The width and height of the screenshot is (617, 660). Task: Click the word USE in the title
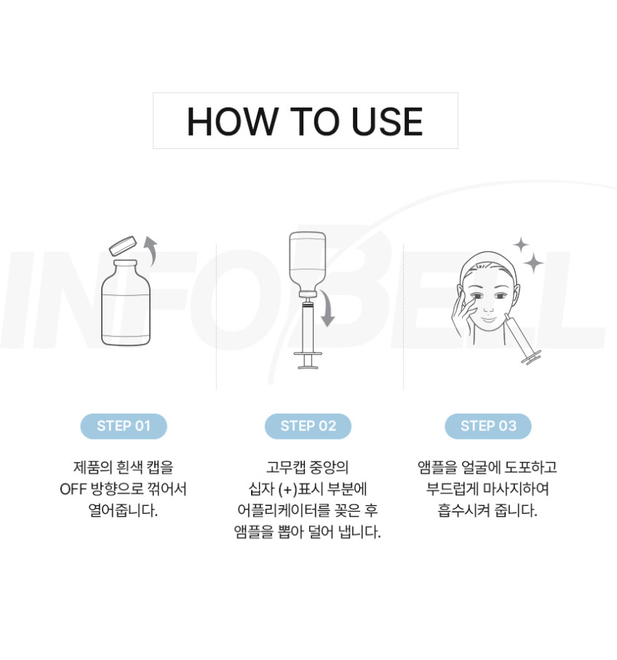[387, 121]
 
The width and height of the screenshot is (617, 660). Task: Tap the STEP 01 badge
[124, 426]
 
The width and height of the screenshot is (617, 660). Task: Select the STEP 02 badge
[308, 426]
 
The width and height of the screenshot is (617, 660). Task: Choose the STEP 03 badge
[488, 426]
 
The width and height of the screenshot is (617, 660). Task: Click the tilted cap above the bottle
[123, 246]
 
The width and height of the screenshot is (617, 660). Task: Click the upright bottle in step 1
[126, 302]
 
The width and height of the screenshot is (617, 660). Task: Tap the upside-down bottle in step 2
[307, 264]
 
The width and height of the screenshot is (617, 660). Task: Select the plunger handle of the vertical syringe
[308, 361]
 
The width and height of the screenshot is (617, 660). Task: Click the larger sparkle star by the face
[533, 263]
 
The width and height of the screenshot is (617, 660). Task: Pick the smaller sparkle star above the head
[521, 244]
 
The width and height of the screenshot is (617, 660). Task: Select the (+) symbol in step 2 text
[288, 489]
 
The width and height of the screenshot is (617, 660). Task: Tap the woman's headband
[488, 264]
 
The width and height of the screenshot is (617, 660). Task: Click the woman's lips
[488, 320]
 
